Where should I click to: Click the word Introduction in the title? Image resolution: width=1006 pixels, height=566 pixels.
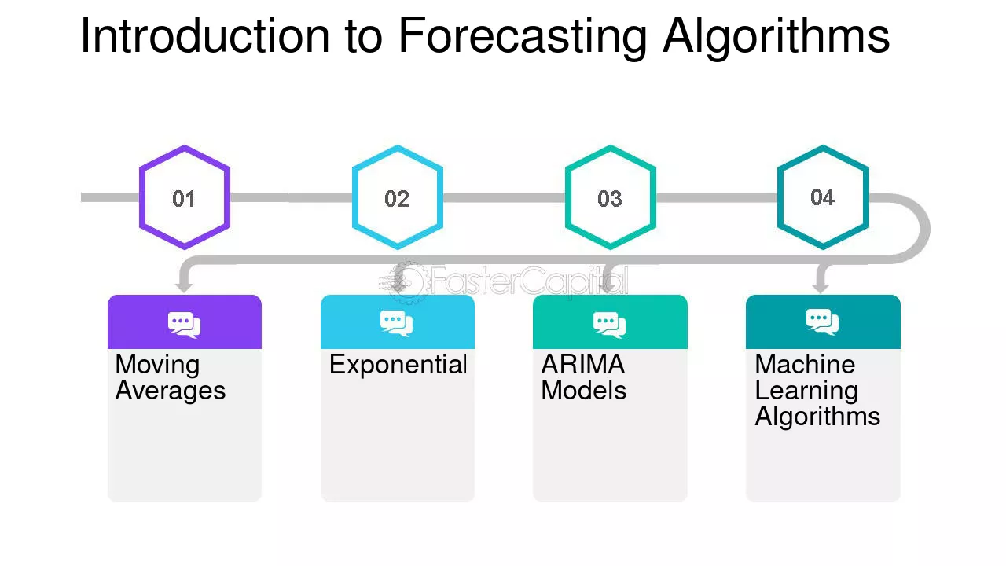205,35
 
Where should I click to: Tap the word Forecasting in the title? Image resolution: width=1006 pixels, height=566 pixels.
523,39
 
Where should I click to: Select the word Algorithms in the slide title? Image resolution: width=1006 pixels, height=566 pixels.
776,39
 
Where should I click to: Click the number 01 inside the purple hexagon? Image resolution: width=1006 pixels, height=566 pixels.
184,199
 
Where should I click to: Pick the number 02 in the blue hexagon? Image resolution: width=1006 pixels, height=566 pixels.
397,199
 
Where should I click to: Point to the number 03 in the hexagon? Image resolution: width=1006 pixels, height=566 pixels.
609,199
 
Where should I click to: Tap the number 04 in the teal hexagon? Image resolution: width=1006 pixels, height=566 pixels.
822,197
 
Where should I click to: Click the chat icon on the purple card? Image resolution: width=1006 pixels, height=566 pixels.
184,325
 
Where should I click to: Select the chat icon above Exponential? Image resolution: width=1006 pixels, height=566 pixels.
397,323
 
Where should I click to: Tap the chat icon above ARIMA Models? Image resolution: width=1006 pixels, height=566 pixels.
609,325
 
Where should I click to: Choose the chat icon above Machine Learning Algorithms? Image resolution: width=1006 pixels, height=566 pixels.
822,322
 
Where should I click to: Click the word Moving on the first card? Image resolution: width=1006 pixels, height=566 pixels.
157,366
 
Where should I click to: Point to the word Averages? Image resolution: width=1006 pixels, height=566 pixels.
171,391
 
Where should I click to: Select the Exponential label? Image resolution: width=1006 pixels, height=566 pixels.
398,364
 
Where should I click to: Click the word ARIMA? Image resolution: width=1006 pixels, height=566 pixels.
583,364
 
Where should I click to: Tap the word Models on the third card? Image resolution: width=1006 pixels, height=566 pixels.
583,390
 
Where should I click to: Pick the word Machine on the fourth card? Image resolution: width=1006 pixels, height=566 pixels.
805,364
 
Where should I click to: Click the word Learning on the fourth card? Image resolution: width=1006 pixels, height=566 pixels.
806,391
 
